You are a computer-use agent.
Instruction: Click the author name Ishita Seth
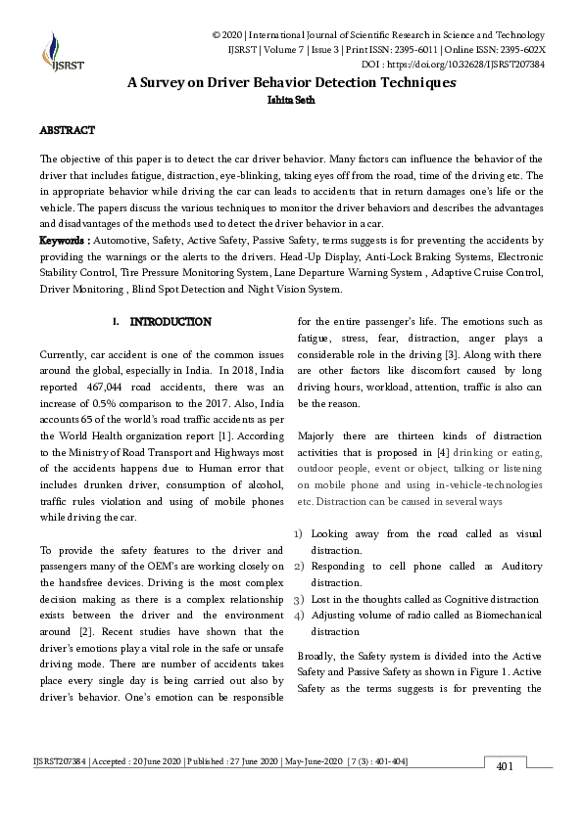291,99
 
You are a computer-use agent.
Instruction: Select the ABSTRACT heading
67,129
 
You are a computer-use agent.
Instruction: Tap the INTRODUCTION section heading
170,321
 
